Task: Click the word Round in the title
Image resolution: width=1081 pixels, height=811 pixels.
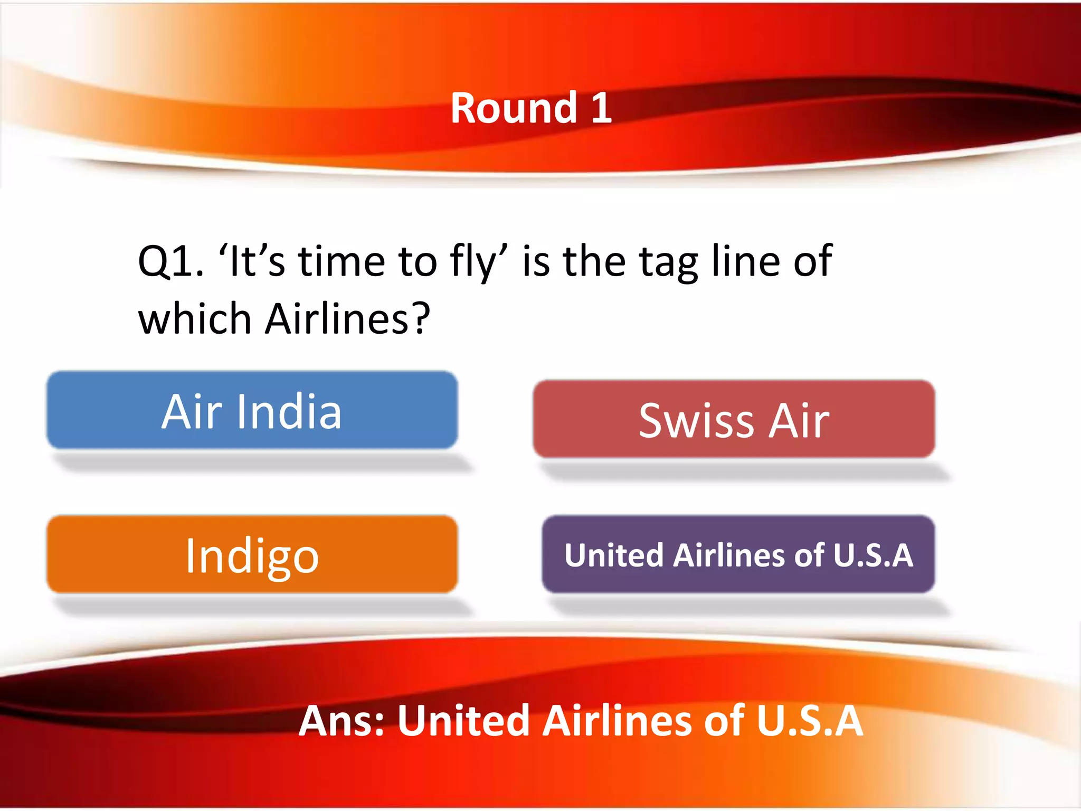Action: point(514,108)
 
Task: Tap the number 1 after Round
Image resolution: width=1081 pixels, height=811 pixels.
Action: point(601,108)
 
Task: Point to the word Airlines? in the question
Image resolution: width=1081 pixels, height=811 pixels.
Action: point(347,319)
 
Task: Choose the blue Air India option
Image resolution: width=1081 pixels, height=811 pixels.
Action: point(252,411)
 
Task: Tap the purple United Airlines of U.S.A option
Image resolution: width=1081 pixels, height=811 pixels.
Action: point(738,555)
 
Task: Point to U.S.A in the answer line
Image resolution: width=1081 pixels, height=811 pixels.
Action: point(810,721)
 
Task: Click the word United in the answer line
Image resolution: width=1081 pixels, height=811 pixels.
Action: point(463,721)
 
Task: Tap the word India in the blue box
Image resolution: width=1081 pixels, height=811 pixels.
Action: point(289,411)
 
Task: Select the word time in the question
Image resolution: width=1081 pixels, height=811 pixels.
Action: point(342,261)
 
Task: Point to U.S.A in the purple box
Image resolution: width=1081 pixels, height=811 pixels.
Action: point(873,555)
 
